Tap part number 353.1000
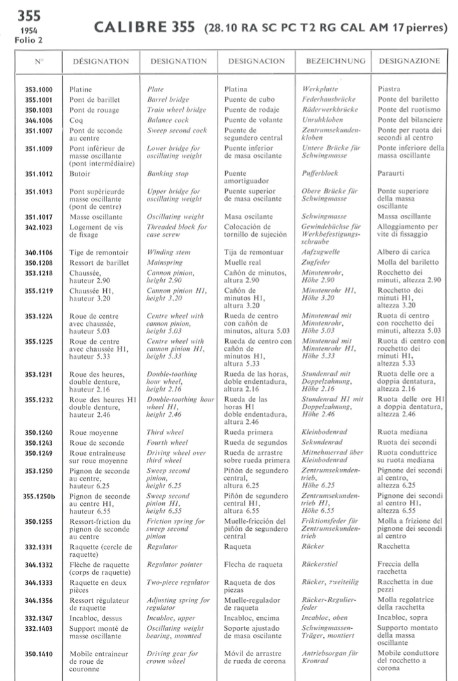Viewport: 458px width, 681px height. click(x=39, y=90)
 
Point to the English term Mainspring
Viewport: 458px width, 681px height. click(x=163, y=262)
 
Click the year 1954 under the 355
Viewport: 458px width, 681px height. click(x=26, y=31)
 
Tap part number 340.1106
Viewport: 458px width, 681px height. click(x=39, y=252)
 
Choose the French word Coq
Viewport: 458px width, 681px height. click(x=76, y=120)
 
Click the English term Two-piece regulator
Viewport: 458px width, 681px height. click(x=178, y=582)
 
